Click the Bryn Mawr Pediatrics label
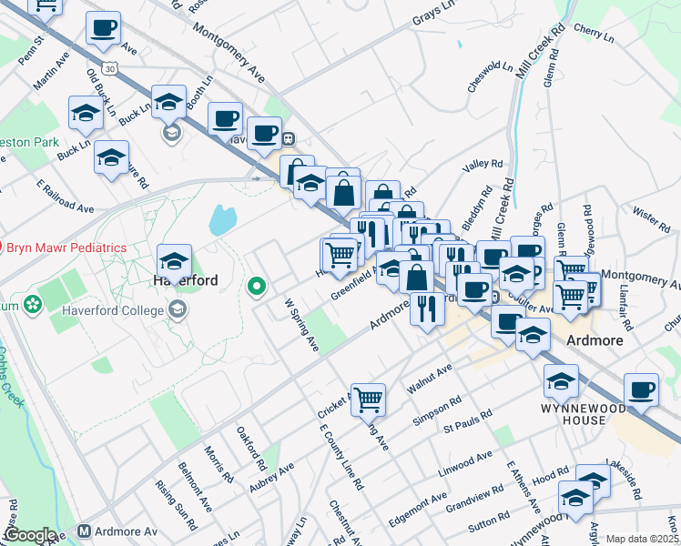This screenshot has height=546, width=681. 67,248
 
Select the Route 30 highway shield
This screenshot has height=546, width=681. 110,68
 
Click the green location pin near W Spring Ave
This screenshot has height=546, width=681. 257,288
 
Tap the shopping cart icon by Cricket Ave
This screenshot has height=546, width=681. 369,398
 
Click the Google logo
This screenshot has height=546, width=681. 30,535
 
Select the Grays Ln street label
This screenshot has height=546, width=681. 434,16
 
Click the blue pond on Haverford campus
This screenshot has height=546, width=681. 221,220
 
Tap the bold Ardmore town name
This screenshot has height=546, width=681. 593,340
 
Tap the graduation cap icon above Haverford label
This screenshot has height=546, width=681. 173,262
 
